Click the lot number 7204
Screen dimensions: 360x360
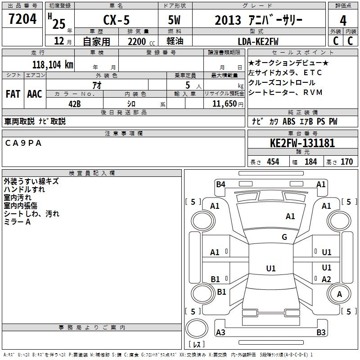coord(22,19)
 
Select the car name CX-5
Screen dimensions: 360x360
coord(116,20)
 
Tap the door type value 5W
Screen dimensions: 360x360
coord(174,20)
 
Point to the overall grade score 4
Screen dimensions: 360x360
coord(343,21)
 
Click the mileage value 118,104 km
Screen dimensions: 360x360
coord(53,65)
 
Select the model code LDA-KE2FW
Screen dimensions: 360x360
coord(258,42)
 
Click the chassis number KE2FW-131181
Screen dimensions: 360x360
coord(302,143)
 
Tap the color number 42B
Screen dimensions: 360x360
coord(75,104)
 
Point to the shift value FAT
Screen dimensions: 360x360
coord(13,94)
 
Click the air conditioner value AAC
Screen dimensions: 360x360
coord(35,94)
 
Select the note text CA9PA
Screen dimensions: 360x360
coord(23,143)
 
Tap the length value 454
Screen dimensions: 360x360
coord(273,162)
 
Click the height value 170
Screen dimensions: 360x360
coord(346,162)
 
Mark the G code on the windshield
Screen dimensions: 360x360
coord(284,237)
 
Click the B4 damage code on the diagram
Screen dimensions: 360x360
coord(220,184)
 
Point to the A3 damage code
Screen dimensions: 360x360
coord(220,332)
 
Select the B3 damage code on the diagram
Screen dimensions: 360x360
coord(321,332)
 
